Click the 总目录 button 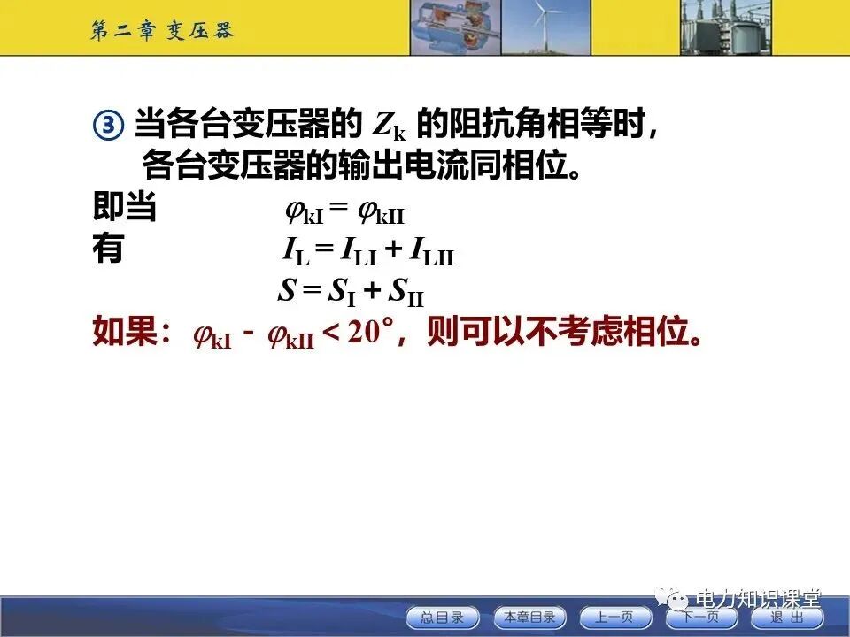pyautogui.click(x=441, y=618)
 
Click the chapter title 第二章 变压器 pyautogui.click(x=162, y=30)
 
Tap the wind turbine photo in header pyautogui.click(x=546, y=27)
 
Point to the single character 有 pyautogui.click(x=108, y=249)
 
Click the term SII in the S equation pyautogui.click(x=406, y=293)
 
